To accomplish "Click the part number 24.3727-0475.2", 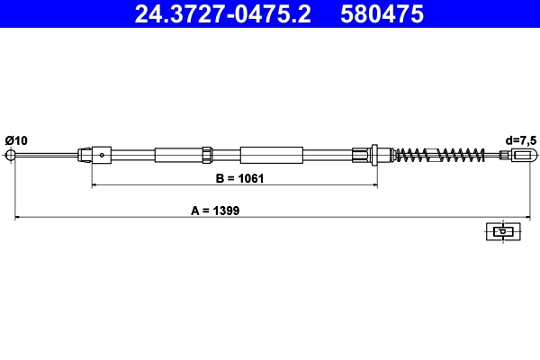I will [228, 13].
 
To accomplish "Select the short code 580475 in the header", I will [382, 13].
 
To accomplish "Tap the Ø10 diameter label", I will [16, 139].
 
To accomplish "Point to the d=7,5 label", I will [519, 139].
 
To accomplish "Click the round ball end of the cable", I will [13, 155].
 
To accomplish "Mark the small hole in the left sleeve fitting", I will [103, 155].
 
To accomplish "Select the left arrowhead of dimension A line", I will [15, 217].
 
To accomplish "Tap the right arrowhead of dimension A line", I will [524, 217].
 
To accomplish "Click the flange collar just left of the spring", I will [373, 155].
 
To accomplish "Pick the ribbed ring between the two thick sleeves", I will [207, 155].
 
